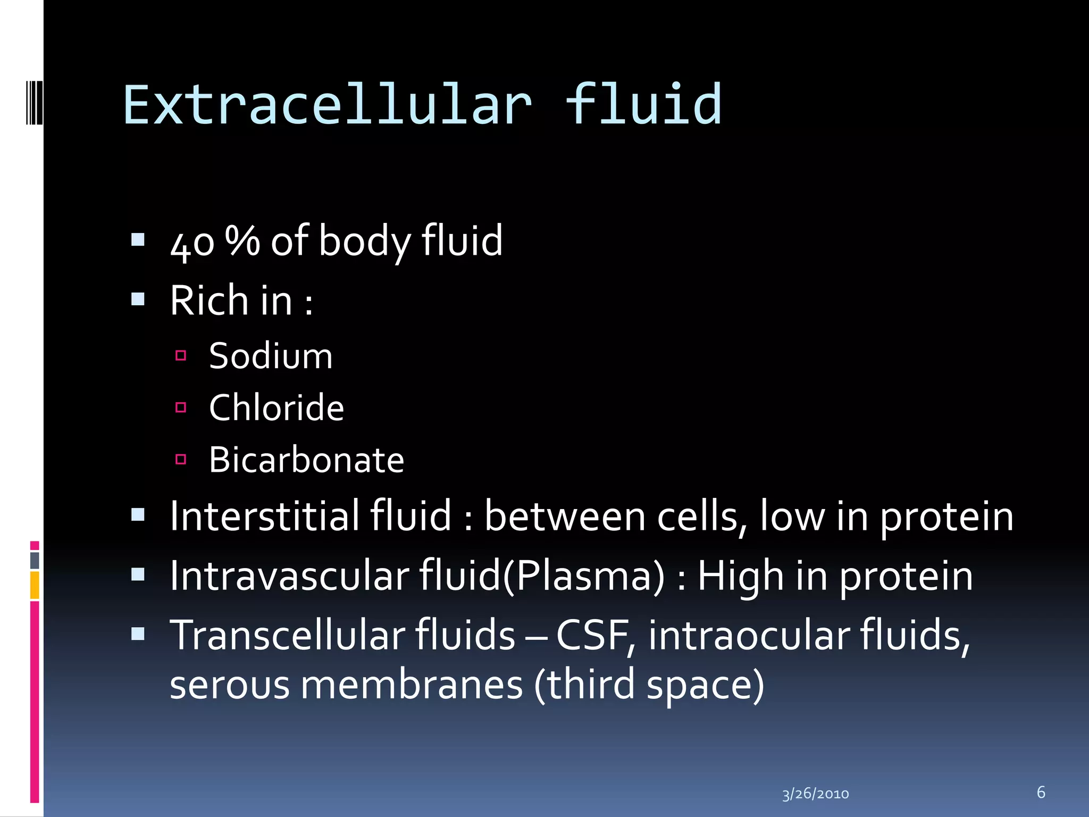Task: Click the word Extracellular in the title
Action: pos(327,105)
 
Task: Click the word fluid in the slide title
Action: pos(643,105)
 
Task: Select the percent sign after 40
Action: pos(242,240)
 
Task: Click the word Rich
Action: pos(209,301)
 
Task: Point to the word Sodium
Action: pos(271,356)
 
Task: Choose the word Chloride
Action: pos(277,408)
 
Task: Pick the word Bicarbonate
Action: pos(306,460)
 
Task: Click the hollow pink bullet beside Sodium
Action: pos(181,355)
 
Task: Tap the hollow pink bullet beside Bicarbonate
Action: pos(181,459)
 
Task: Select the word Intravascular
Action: pos(289,576)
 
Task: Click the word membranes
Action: pos(412,685)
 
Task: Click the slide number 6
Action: pos(1041,792)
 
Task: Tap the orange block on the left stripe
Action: pos(35,585)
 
